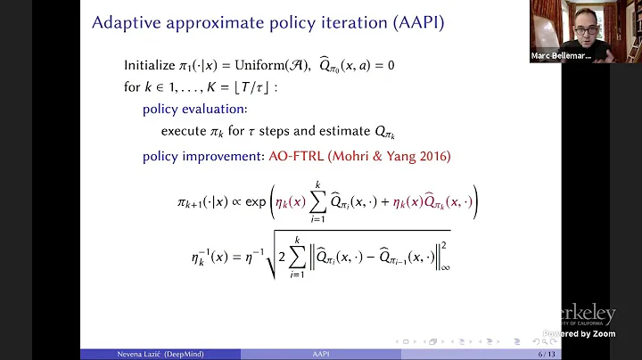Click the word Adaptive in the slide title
click(124, 23)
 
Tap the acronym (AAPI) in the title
click(411, 23)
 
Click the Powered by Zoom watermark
click(580, 334)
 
